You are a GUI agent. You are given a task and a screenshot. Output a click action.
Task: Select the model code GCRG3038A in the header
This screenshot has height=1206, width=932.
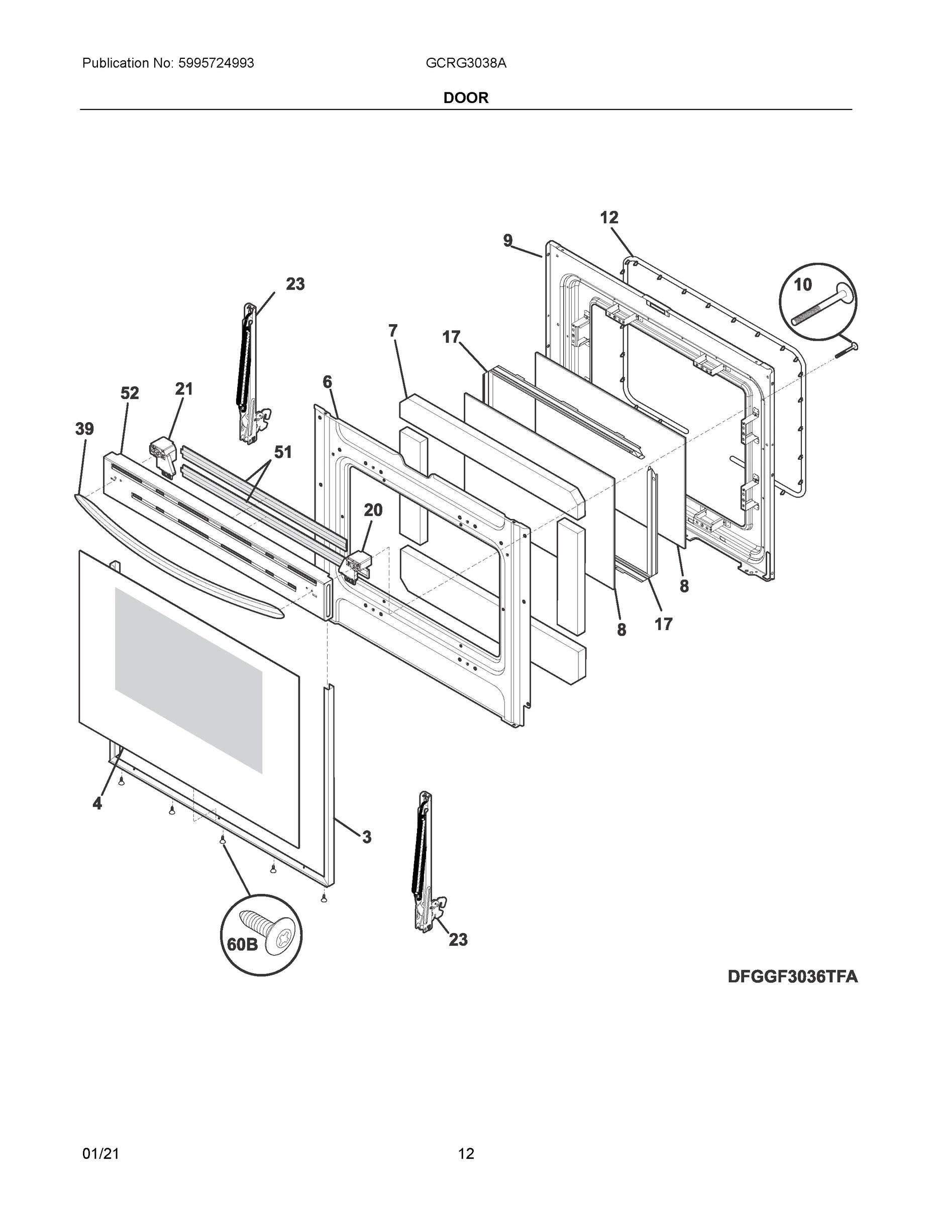point(465,63)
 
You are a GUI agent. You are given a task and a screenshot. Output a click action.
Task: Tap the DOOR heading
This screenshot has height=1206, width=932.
point(465,98)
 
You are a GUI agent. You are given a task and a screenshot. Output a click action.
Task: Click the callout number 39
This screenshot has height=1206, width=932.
point(84,429)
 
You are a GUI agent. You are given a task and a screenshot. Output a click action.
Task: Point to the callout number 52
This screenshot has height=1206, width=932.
point(130,393)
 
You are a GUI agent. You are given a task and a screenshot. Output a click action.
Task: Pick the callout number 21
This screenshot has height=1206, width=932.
point(184,389)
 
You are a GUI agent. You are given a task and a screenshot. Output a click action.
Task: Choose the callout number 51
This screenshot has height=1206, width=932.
point(283,452)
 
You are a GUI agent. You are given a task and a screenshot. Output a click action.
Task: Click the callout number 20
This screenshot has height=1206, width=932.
point(373,510)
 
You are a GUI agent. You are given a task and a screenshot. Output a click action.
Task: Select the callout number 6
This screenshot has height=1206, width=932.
point(328,381)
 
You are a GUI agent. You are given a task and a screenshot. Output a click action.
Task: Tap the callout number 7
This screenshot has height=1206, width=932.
point(392,331)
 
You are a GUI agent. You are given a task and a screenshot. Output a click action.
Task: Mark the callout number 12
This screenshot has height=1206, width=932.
point(609,218)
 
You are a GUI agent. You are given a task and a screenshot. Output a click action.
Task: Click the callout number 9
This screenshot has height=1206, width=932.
point(507,240)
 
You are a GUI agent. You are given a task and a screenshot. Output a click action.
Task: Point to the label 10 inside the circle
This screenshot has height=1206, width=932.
point(803,285)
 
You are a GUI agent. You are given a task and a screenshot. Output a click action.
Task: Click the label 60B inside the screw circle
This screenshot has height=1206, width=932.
point(242,944)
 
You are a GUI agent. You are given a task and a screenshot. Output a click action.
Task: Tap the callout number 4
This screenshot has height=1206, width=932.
point(97,803)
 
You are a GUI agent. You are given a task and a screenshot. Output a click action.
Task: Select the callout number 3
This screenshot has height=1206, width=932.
point(367,837)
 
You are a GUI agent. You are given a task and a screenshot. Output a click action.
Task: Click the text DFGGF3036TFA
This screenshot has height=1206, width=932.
point(792,977)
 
